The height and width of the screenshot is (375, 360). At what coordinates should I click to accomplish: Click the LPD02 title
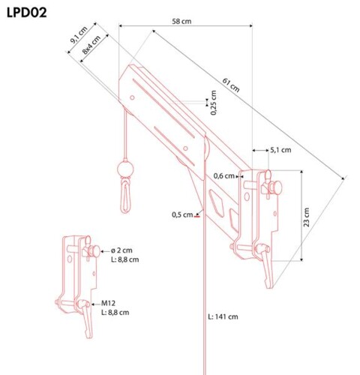[26, 13]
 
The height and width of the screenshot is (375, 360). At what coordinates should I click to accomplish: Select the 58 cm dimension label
[181, 21]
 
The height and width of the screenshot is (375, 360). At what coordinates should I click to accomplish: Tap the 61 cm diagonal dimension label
[231, 85]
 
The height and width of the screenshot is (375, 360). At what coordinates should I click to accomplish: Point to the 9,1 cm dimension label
[79, 35]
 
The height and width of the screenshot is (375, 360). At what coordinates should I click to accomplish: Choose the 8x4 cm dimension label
[91, 45]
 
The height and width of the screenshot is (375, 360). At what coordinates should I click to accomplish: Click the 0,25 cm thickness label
[213, 103]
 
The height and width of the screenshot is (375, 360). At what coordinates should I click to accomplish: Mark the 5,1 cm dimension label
[280, 150]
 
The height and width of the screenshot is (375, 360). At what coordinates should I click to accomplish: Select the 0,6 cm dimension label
[224, 176]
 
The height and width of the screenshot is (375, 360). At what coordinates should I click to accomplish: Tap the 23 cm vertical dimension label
[306, 217]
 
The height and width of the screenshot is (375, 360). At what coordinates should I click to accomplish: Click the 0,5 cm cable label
[182, 214]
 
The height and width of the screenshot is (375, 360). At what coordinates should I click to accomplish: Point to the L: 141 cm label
[223, 316]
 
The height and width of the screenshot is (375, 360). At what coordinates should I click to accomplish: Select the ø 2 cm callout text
[121, 250]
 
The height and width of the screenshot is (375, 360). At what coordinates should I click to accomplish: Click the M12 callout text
[108, 304]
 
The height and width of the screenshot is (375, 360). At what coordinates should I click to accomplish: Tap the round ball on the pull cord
[125, 169]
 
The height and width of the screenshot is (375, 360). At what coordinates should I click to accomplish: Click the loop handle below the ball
[125, 195]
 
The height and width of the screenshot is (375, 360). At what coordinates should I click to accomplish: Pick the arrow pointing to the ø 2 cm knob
[105, 250]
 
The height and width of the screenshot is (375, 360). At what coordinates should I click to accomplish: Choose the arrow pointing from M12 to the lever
[96, 304]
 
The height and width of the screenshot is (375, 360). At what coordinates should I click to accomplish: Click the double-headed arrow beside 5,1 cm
[260, 150]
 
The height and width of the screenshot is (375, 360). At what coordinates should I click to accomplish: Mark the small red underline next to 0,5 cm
[197, 217]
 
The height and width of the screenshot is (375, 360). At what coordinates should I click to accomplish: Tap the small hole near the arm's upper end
[132, 97]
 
